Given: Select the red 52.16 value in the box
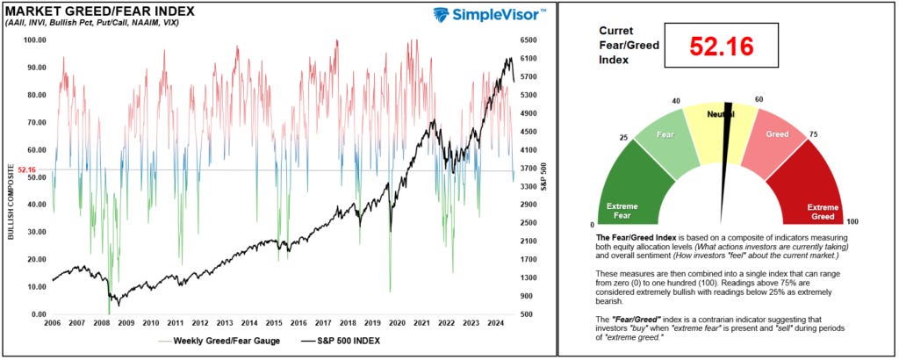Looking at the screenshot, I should pos(722,47).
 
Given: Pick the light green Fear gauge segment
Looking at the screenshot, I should pos(666,136).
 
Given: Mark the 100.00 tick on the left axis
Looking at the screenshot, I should pos(34,40).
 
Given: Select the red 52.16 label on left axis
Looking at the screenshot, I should pos(26,169).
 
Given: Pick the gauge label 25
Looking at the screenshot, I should pos(623,139).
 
